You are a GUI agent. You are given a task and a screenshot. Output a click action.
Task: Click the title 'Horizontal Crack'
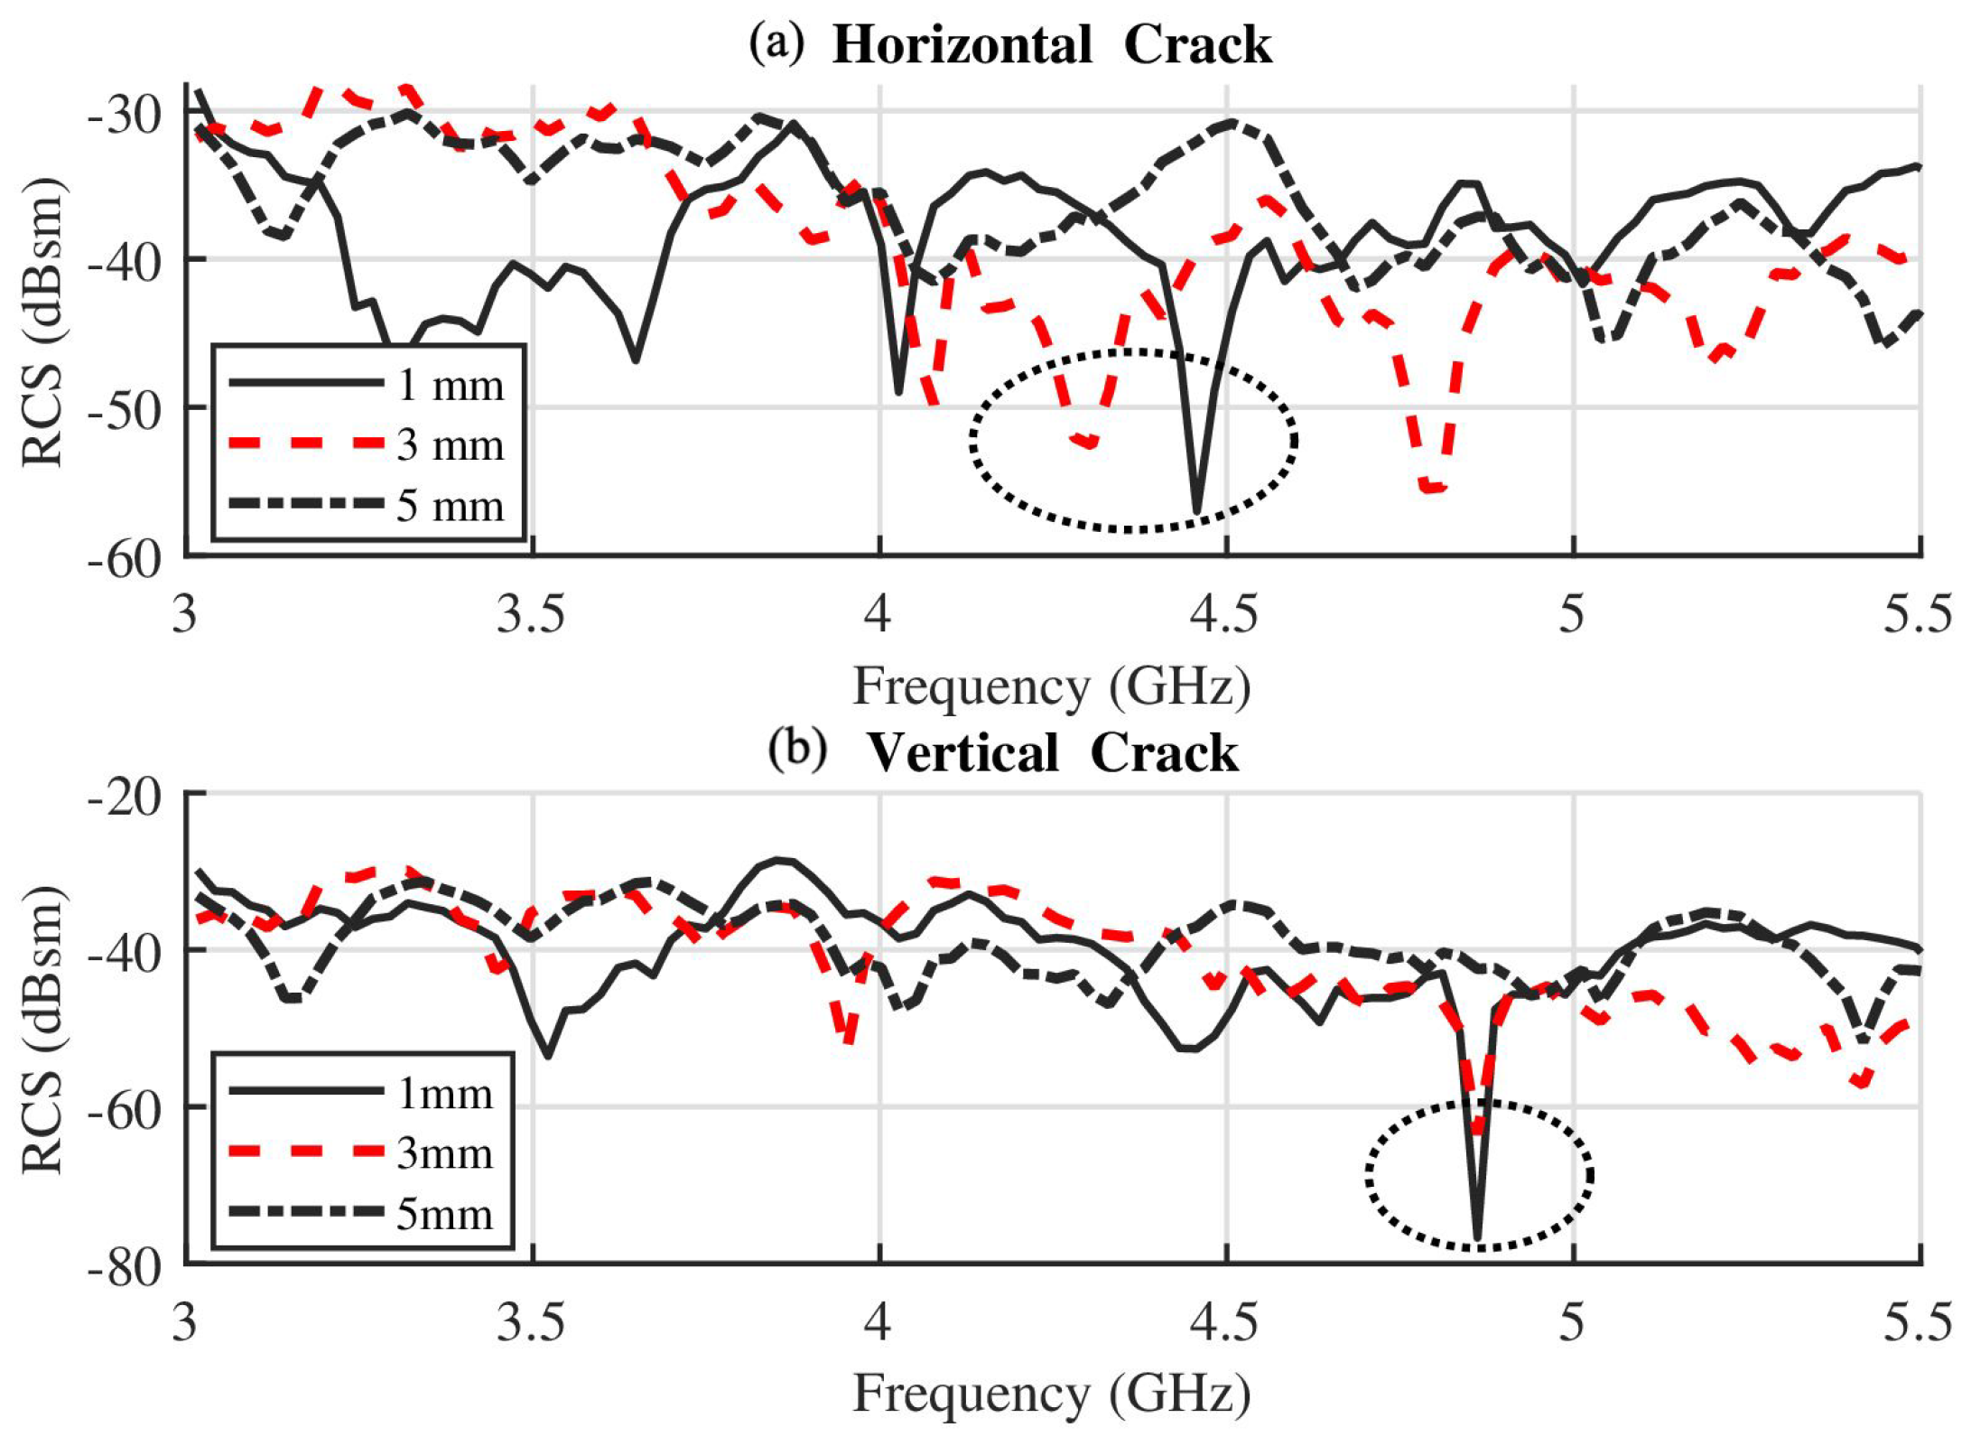click(x=1052, y=45)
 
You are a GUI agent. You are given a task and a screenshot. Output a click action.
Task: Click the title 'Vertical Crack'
click(x=1053, y=752)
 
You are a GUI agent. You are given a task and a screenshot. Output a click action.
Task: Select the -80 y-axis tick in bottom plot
click(x=125, y=1267)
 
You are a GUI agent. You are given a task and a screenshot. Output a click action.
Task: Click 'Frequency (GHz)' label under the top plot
click(x=1052, y=686)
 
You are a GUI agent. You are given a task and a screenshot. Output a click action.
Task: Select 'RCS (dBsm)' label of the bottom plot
click(x=42, y=1030)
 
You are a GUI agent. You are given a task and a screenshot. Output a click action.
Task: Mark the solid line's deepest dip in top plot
click(x=1197, y=511)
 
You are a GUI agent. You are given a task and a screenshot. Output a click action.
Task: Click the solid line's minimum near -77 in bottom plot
click(x=1477, y=1237)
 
